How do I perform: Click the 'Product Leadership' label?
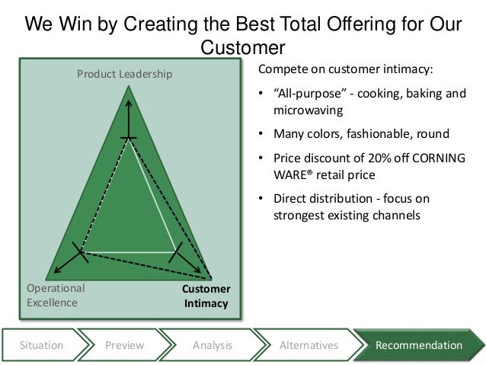124,74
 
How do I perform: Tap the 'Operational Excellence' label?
56,296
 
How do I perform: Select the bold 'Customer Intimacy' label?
206,296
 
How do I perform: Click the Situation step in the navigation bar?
41,345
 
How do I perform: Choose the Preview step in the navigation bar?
124,345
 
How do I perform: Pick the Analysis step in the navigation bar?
213,345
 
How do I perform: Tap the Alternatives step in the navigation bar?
309,345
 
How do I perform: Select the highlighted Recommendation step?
418,345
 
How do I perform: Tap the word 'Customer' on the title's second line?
242,49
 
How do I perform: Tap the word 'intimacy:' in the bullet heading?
404,70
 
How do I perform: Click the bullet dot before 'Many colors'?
262,135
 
